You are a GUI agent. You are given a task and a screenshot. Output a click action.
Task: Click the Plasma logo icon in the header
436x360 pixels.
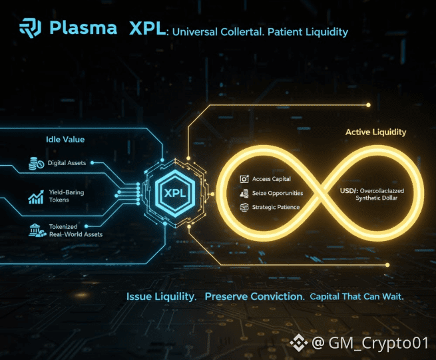coord(30,29)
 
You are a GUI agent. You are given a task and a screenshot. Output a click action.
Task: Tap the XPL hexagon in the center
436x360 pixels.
coord(174,192)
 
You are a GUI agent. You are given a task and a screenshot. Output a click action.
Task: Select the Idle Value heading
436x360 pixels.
coord(65,140)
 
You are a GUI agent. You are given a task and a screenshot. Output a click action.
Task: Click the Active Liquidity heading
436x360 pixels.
coord(375,132)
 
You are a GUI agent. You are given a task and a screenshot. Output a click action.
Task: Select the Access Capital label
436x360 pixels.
coord(271,179)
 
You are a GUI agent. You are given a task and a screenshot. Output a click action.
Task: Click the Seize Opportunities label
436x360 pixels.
coord(277,193)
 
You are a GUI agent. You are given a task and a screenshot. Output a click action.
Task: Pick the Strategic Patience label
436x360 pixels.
coord(276,207)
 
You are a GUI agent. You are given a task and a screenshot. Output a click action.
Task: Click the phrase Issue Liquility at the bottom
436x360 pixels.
coord(161,296)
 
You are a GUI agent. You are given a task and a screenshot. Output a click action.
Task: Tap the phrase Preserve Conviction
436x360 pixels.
coord(254,296)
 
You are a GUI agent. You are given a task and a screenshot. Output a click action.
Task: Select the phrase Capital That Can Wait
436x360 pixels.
coord(357,296)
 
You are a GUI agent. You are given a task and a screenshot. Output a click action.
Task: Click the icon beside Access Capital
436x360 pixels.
coord(244,179)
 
